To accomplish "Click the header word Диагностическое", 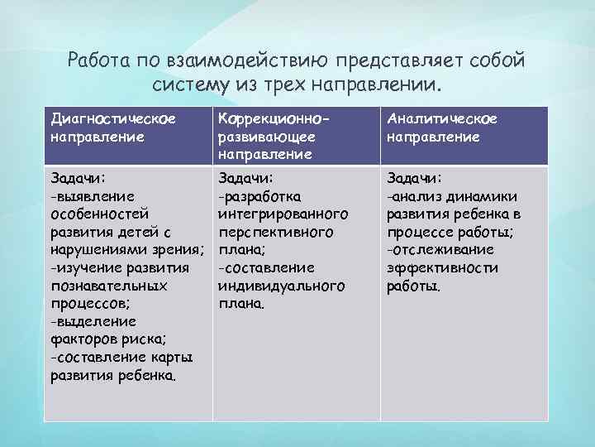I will pos(112,119).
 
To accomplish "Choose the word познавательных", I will pos(109,285).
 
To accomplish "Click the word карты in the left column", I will pos(171,357).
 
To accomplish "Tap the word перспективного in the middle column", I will pos(275,232).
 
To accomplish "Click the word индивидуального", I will pos(280,285).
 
